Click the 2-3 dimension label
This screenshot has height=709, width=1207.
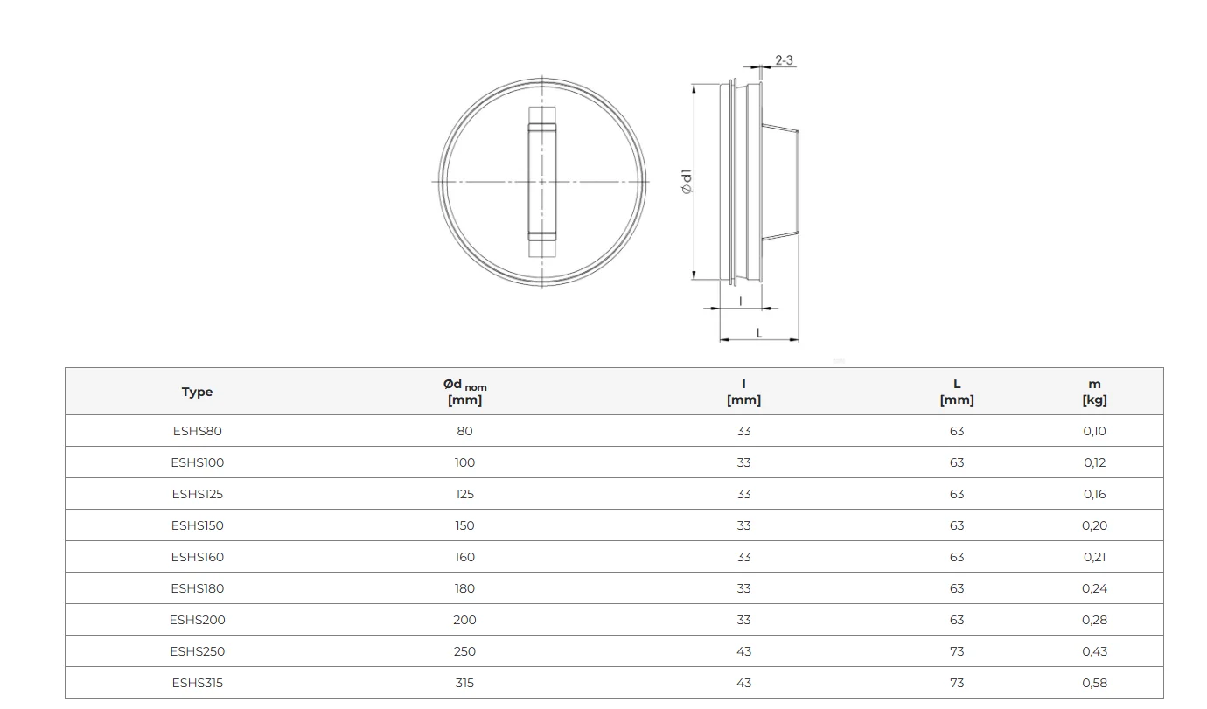(x=784, y=59)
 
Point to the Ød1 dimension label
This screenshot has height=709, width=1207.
(x=686, y=182)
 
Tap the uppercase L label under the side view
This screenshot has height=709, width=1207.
(x=759, y=333)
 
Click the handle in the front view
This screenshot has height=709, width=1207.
(x=542, y=182)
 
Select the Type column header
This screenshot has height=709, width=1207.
(x=197, y=392)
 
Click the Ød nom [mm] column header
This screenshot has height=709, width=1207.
(x=464, y=392)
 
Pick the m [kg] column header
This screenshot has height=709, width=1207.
(x=1094, y=392)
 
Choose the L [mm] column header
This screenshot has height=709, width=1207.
(x=957, y=392)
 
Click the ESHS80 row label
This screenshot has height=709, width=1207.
(x=197, y=431)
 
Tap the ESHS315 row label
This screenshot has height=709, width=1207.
(x=197, y=683)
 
